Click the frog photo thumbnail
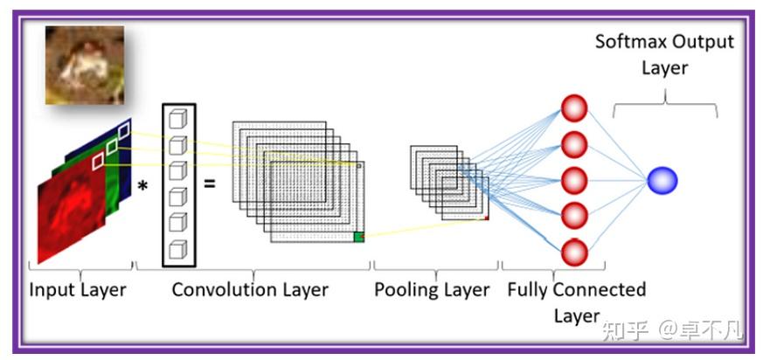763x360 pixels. (85, 65)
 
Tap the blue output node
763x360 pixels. (662, 181)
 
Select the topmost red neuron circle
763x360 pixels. (573, 108)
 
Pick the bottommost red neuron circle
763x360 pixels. (573, 253)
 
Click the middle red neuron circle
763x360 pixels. (573, 181)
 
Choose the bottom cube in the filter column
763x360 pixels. (178, 248)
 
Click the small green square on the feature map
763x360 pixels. (358, 237)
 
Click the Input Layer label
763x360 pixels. (79, 289)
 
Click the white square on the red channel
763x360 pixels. (98, 160)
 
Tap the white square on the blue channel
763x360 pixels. (123, 130)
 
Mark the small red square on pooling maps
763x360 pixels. (487, 217)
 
